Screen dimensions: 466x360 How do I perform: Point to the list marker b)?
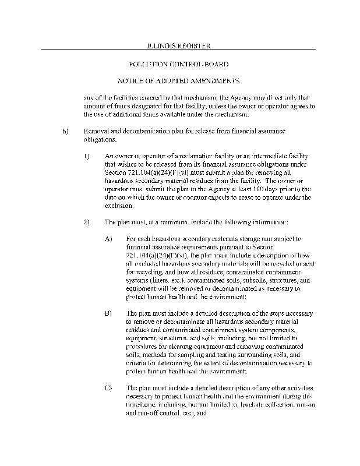tap(65, 132)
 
